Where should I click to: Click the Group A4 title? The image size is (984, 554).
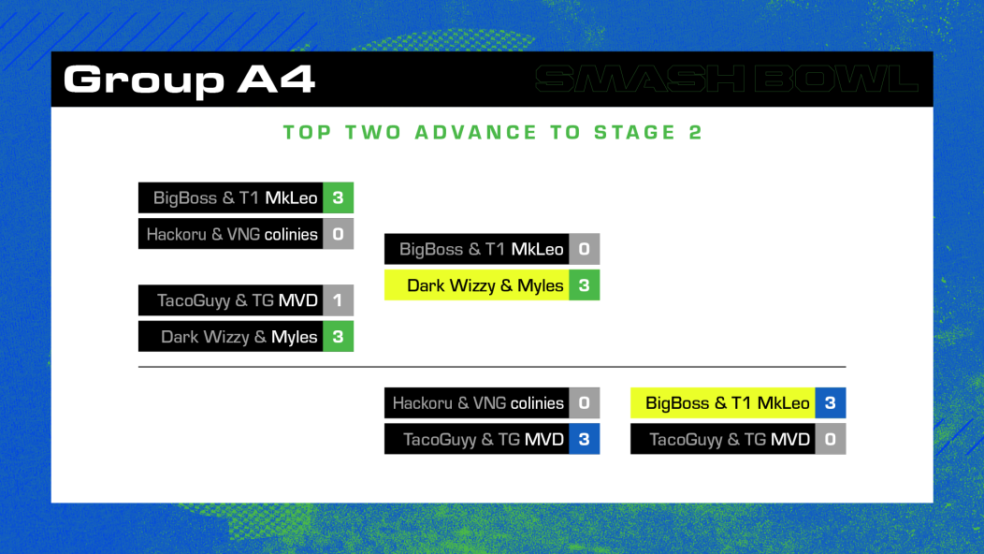189,80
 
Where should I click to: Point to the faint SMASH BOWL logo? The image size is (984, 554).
727,80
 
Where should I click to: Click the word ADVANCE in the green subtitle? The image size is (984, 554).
476,132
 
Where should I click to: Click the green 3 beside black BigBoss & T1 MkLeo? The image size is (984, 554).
339,197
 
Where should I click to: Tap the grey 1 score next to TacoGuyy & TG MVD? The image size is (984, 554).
339,300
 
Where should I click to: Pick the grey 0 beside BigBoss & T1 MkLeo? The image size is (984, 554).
585,249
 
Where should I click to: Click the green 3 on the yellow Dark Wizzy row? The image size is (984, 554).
585,285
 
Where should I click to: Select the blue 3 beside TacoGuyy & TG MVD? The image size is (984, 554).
585,439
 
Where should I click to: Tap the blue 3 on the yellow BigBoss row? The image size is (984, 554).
831,403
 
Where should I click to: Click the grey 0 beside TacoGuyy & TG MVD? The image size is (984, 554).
831,439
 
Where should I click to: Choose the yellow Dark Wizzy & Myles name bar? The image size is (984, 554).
477,285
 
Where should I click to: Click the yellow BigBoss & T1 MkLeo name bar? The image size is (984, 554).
723,403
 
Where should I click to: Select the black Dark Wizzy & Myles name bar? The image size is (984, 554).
231,337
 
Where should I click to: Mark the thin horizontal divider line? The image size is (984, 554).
492,367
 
